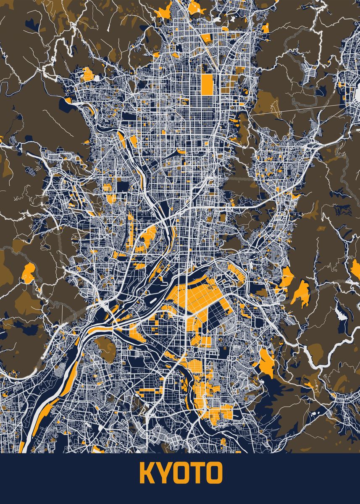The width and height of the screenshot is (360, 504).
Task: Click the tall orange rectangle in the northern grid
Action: pos(207,84)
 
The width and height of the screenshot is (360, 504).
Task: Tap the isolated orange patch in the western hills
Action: pos(28,273)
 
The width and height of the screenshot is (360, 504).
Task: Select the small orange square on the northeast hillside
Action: pos(266,28)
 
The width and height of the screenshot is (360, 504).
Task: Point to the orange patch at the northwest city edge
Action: pos(88,75)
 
